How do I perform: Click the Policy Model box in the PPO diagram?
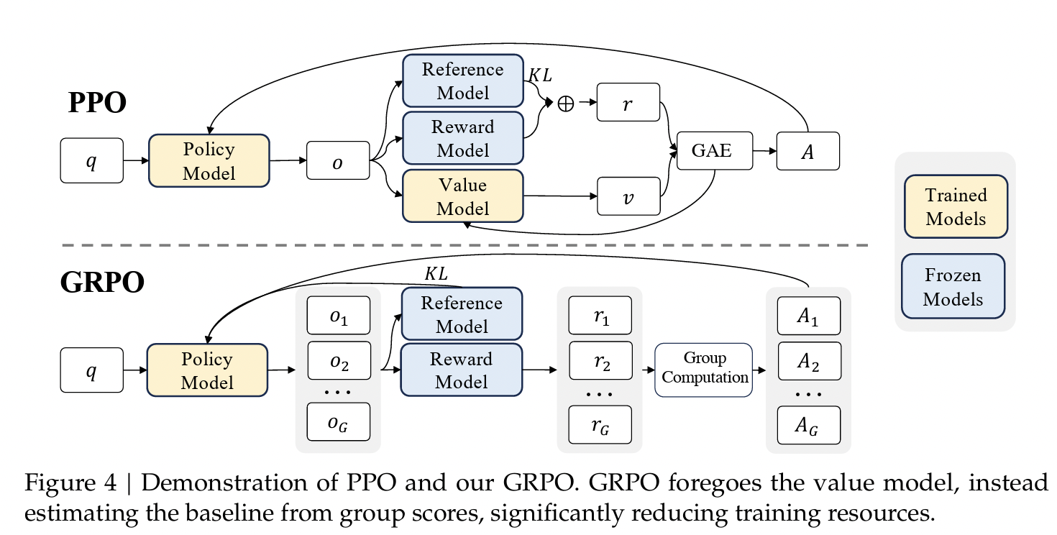click(209, 161)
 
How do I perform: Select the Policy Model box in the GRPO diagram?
click(207, 370)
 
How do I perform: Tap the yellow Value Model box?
click(462, 196)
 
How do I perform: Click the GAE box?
click(711, 151)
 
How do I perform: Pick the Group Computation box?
click(703, 369)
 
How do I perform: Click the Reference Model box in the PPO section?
click(462, 81)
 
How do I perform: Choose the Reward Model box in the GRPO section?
click(462, 370)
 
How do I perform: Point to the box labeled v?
click(628, 196)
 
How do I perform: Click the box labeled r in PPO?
click(628, 104)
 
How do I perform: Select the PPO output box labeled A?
click(807, 151)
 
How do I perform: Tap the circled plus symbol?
click(566, 104)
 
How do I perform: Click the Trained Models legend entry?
click(955, 206)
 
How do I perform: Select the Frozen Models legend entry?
click(953, 286)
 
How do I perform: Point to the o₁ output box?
click(338, 316)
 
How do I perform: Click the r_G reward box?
click(600, 425)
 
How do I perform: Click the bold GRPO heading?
click(102, 283)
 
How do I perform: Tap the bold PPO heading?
click(97, 104)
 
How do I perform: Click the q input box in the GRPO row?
click(91, 370)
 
